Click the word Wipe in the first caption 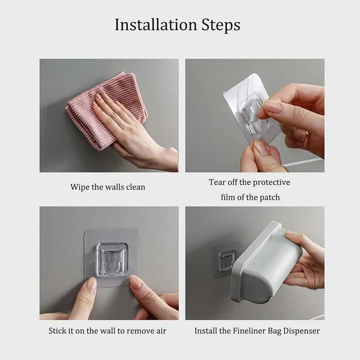(x=79, y=187)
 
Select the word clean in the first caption (x=134, y=187)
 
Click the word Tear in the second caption (x=217, y=182)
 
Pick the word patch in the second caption (x=270, y=197)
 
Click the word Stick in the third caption (x=58, y=331)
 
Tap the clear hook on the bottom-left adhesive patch (x=112, y=258)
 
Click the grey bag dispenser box (x=270, y=262)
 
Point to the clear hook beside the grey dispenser (x=228, y=258)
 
